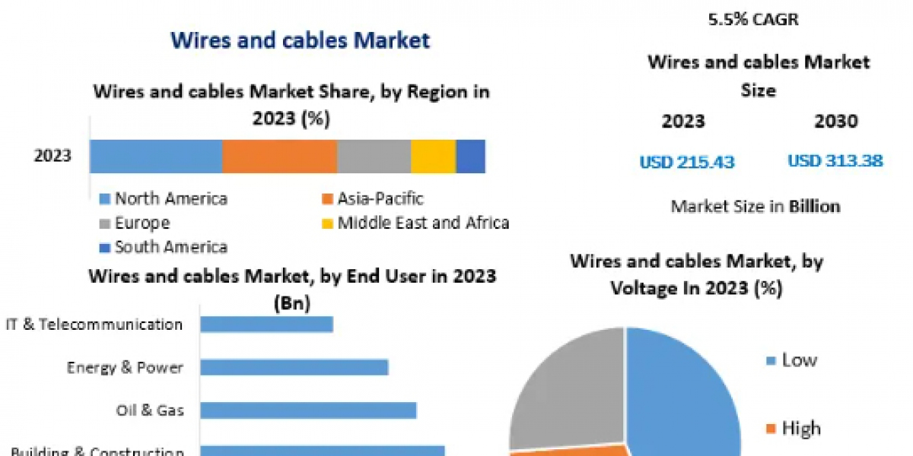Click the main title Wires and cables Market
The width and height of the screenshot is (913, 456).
coord(300,40)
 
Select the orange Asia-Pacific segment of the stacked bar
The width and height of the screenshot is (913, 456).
coord(279,157)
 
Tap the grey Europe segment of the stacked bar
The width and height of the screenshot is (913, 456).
coord(374,157)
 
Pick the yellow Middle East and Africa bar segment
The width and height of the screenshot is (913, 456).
coord(433,157)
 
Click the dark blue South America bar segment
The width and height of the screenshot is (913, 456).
coord(470,157)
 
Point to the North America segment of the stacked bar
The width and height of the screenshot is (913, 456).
coord(155,157)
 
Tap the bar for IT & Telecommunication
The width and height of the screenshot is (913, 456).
coord(266,325)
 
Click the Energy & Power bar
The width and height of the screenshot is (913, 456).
coord(294,368)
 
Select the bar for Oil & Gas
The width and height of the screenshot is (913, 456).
coord(308,410)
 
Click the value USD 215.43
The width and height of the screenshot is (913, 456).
coord(686,162)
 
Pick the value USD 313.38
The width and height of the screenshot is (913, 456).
coord(835,161)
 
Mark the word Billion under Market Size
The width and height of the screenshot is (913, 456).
coord(814,206)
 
